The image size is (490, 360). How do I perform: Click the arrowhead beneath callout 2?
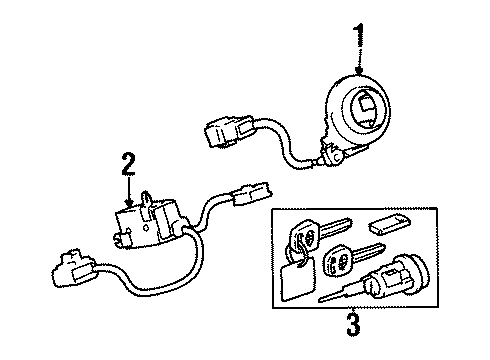pyautogui.click(x=128, y=203)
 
